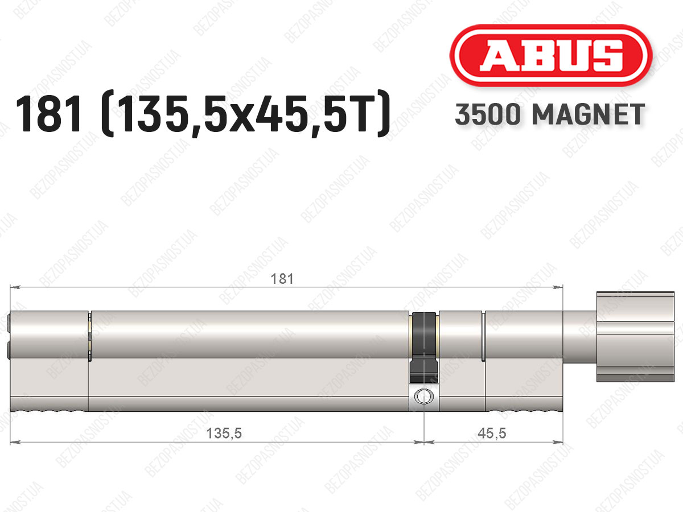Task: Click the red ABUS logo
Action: pos(550,56)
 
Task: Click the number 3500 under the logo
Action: pos(487,114)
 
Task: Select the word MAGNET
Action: pos(588,114)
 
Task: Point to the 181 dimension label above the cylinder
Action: pos(282,279)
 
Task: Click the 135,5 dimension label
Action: pos(224,433)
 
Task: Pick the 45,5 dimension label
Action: pos(492,433)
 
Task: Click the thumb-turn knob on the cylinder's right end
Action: pos(635,337)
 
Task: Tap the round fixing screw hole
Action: pos(423,397)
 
